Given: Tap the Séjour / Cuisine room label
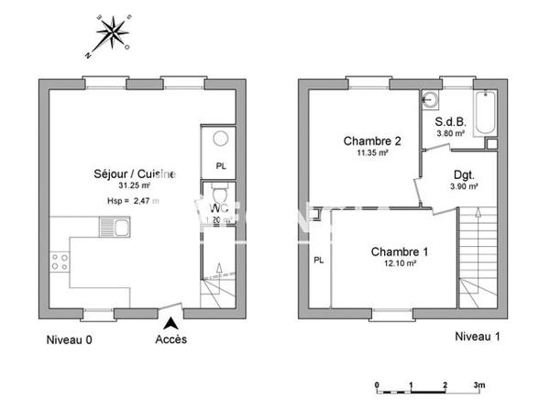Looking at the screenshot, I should coord(134,173).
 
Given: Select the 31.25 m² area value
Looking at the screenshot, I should coord(133,186).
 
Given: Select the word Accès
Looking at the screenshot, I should coord(170,340).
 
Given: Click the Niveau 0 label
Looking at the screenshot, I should coord(70,340).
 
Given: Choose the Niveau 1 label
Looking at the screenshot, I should coord(478,337).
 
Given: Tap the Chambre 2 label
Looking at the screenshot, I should coord(372,141).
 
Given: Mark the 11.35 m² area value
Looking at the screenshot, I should coord(372,154).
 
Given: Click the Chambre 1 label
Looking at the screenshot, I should coord(400,251).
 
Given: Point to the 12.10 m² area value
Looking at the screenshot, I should coord(400,264).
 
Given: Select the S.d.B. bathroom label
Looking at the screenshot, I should coord(450,121).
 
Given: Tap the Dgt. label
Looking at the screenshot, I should coord(463,174).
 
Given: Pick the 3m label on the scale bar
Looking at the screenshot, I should coord(478,385).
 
